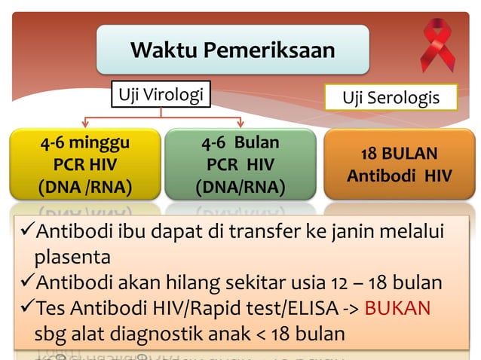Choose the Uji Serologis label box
[391, 99]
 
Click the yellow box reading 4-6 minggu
[83, 164]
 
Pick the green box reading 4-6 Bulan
[240, 164]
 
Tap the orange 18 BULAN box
[399, 164]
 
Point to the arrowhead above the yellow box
[85, 124]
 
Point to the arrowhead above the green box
[241, 124]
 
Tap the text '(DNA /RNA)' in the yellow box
[83, 186]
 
